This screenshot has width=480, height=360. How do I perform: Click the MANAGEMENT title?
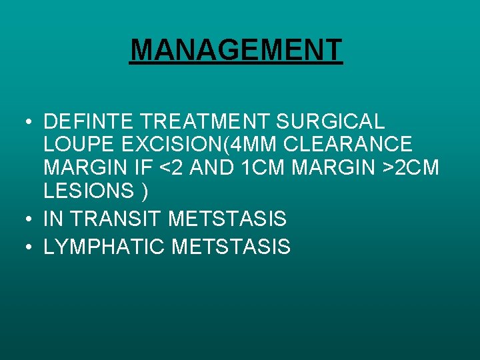pyautogui.click(x=236, y=50)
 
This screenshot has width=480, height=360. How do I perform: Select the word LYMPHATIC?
pyautogui.click(x=105, y=247)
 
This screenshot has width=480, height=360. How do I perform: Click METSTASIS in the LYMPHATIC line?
pyautogui.click(x=231, y=247)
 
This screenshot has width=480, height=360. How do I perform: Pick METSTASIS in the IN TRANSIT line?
pyautogui.click(x=227, y=219)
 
